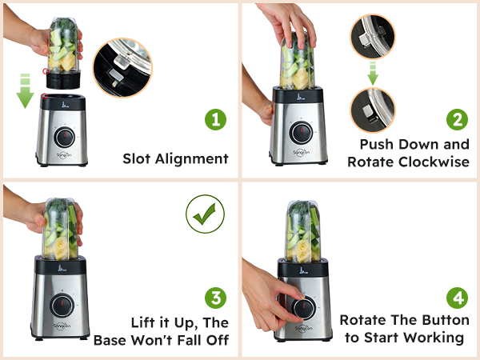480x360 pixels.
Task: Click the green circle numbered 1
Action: (214, 121)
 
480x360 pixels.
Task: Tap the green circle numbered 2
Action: (456, 121)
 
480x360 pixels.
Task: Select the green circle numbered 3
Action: (214, 299)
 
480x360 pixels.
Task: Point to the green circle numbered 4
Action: (456, 299)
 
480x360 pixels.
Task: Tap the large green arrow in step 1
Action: (26, 94)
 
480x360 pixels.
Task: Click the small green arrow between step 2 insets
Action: (373, 75)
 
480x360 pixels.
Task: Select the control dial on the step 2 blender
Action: (301, 132)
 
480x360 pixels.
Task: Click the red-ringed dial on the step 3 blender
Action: (60, 305)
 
